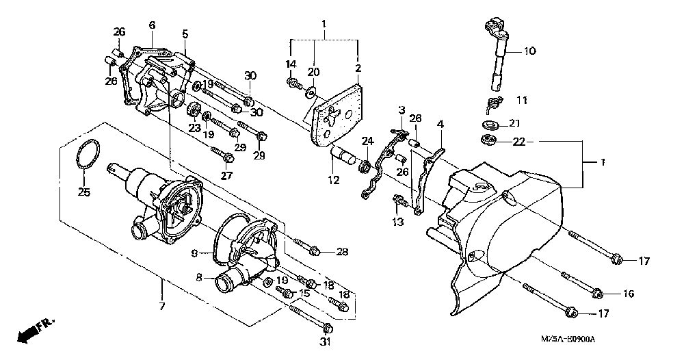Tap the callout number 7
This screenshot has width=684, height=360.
pos(162,306)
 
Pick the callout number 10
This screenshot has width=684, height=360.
pos(531,51)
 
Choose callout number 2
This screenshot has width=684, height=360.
pos(358,68)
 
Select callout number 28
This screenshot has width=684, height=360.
pos(343,252)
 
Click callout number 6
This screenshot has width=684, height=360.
pos(152,25)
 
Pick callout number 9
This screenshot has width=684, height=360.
pos(194,253)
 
